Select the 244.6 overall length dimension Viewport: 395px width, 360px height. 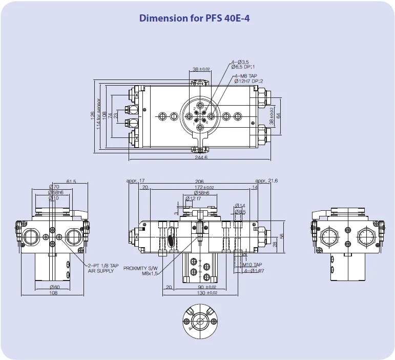tap(200, 157)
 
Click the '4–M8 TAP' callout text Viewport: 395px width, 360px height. tap(245, 76)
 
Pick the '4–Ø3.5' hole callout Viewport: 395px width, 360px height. tap(239, 62)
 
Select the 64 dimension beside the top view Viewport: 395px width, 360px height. tap(279, 115)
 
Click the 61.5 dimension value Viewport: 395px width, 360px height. tap(71, 181)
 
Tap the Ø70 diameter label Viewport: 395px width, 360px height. tap(54, 187)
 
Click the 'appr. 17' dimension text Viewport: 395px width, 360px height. tap(135, 181)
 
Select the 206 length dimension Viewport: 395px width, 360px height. tap(199, 182)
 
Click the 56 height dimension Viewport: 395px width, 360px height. tap(282, 236)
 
